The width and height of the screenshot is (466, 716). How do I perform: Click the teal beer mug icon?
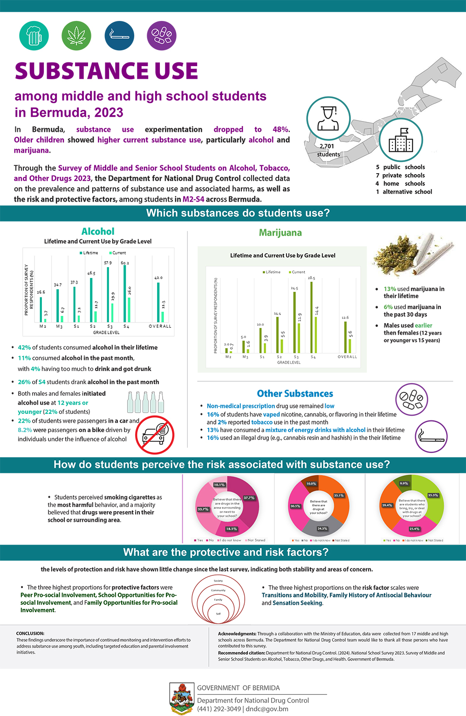click(x=34, y=35)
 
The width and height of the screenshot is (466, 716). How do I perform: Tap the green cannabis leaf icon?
click(x=76, y=35)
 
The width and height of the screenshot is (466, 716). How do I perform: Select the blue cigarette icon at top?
click(x=119, y=35)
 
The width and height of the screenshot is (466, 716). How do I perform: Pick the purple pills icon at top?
click(x=162, y=35)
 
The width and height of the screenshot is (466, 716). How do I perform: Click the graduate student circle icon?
click(x=328, y=119)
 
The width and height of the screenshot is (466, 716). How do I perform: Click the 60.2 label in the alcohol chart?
click(x=125, y=263)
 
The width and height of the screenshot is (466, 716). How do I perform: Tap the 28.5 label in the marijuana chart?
click(x=311, y=278)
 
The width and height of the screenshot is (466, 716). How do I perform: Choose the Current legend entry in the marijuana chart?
click(x=297, y=272)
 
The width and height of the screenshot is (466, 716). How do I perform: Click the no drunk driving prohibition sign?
click(x=155, y=435)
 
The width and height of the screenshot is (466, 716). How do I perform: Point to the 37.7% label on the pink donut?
click(x=249, y=498)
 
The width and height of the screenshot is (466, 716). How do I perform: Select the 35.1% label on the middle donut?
click(x=339, y=495)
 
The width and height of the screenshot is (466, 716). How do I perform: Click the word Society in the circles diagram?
click(x=218, y=581)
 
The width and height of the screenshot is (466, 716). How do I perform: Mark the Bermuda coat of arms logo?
click(x=182, y=698)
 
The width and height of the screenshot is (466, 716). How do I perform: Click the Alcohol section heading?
click(x=98, y=231)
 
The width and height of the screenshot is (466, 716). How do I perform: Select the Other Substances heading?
click(x=295, y=393)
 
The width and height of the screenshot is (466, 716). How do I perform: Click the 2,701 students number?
click(x=327, y=146)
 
